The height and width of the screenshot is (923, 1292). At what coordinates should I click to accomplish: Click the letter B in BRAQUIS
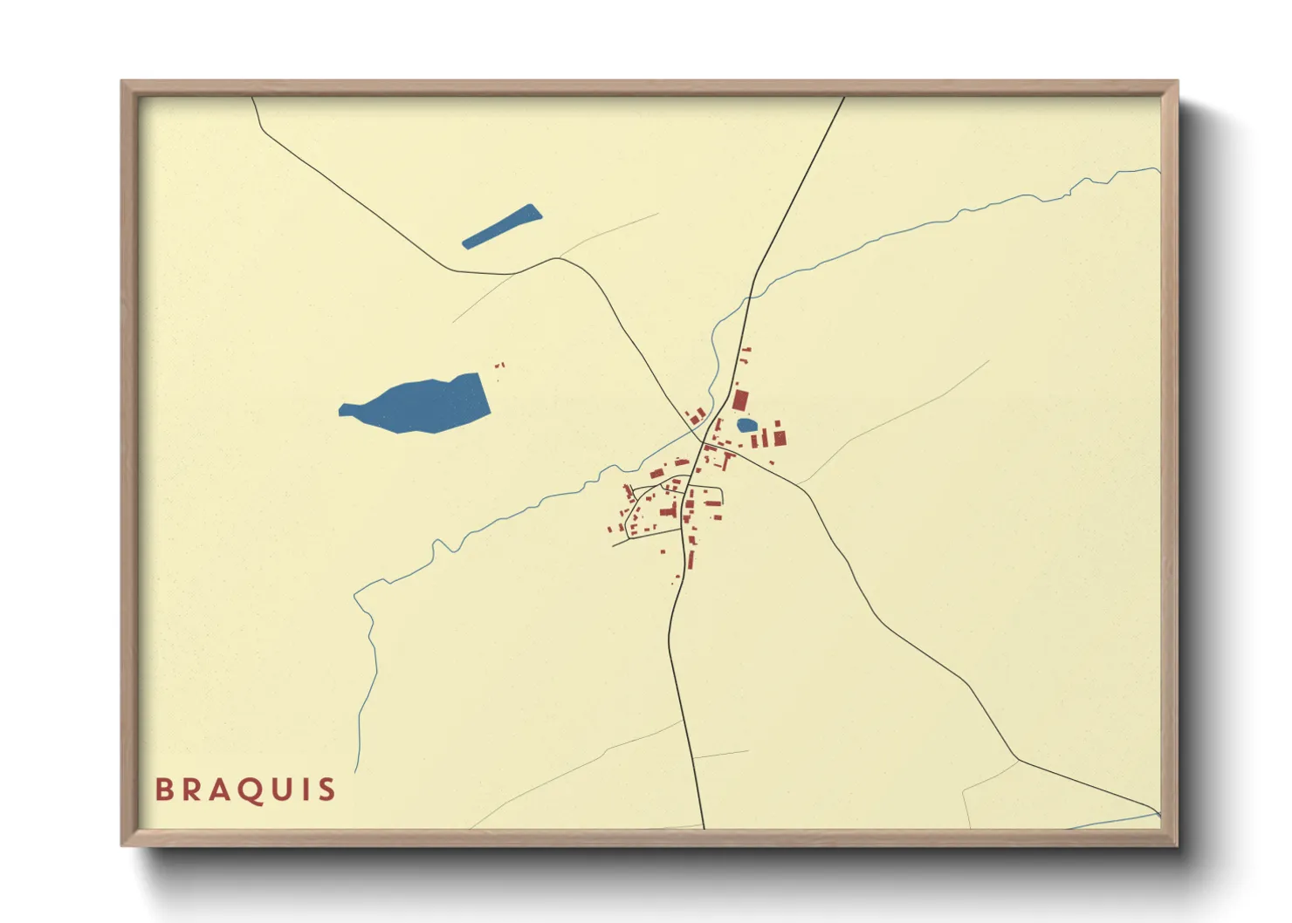click(164, 790)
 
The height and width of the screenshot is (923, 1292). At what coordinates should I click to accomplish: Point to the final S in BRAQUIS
click(326, 790)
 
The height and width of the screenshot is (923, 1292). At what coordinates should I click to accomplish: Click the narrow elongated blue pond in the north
click(502, 226)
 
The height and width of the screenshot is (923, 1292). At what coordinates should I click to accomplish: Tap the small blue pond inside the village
click(746, 425)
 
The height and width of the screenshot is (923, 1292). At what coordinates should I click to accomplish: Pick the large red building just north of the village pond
click(740, 400)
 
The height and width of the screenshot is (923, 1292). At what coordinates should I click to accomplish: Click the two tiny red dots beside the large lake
click(500, 366)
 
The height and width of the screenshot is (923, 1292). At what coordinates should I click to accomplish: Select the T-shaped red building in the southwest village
click(670, 509)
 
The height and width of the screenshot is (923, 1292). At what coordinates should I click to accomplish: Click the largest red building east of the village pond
click(780, 437)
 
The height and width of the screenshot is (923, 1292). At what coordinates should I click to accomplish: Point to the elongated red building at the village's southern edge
click(691, 558)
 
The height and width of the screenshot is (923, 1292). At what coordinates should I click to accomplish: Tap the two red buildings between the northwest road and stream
click(697, 416)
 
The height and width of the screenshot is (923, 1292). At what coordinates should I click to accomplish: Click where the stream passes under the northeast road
click(747, 297)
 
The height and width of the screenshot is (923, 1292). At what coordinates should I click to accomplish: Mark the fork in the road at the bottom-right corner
click(1018, 759)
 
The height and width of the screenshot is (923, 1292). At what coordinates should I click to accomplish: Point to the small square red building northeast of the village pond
click(776, 423)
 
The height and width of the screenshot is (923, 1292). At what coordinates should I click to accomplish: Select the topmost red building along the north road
click(746, 350)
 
